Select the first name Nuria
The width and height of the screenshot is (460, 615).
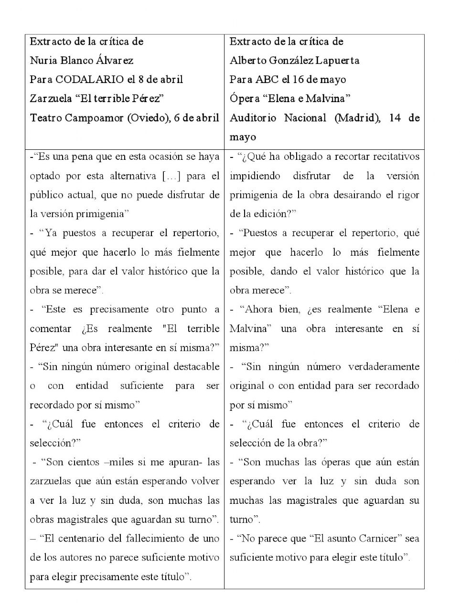click(x=43, y=61)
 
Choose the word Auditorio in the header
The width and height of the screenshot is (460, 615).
click(x=253, y=118)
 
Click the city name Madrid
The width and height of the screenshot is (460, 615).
click(x=358, y=118)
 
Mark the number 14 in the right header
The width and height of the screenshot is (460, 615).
click(x=395, y=118)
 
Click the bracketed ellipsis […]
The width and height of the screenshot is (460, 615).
click(x=171, y=176)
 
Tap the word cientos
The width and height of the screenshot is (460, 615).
click(x=84, y=462)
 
